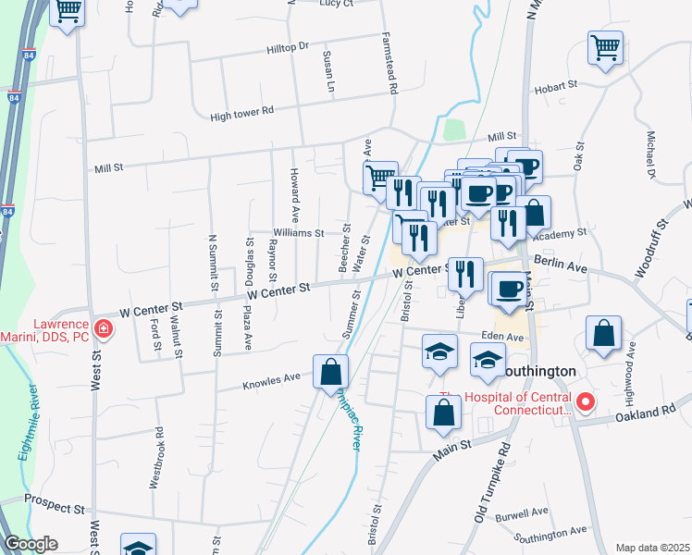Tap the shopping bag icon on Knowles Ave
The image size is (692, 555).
tap(330, 372)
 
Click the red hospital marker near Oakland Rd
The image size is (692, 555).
tap(585, 403)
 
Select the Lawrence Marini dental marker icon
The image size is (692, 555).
tap(104, 328)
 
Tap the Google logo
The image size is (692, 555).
tap(31, 544)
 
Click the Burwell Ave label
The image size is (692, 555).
tap(522, 512)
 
